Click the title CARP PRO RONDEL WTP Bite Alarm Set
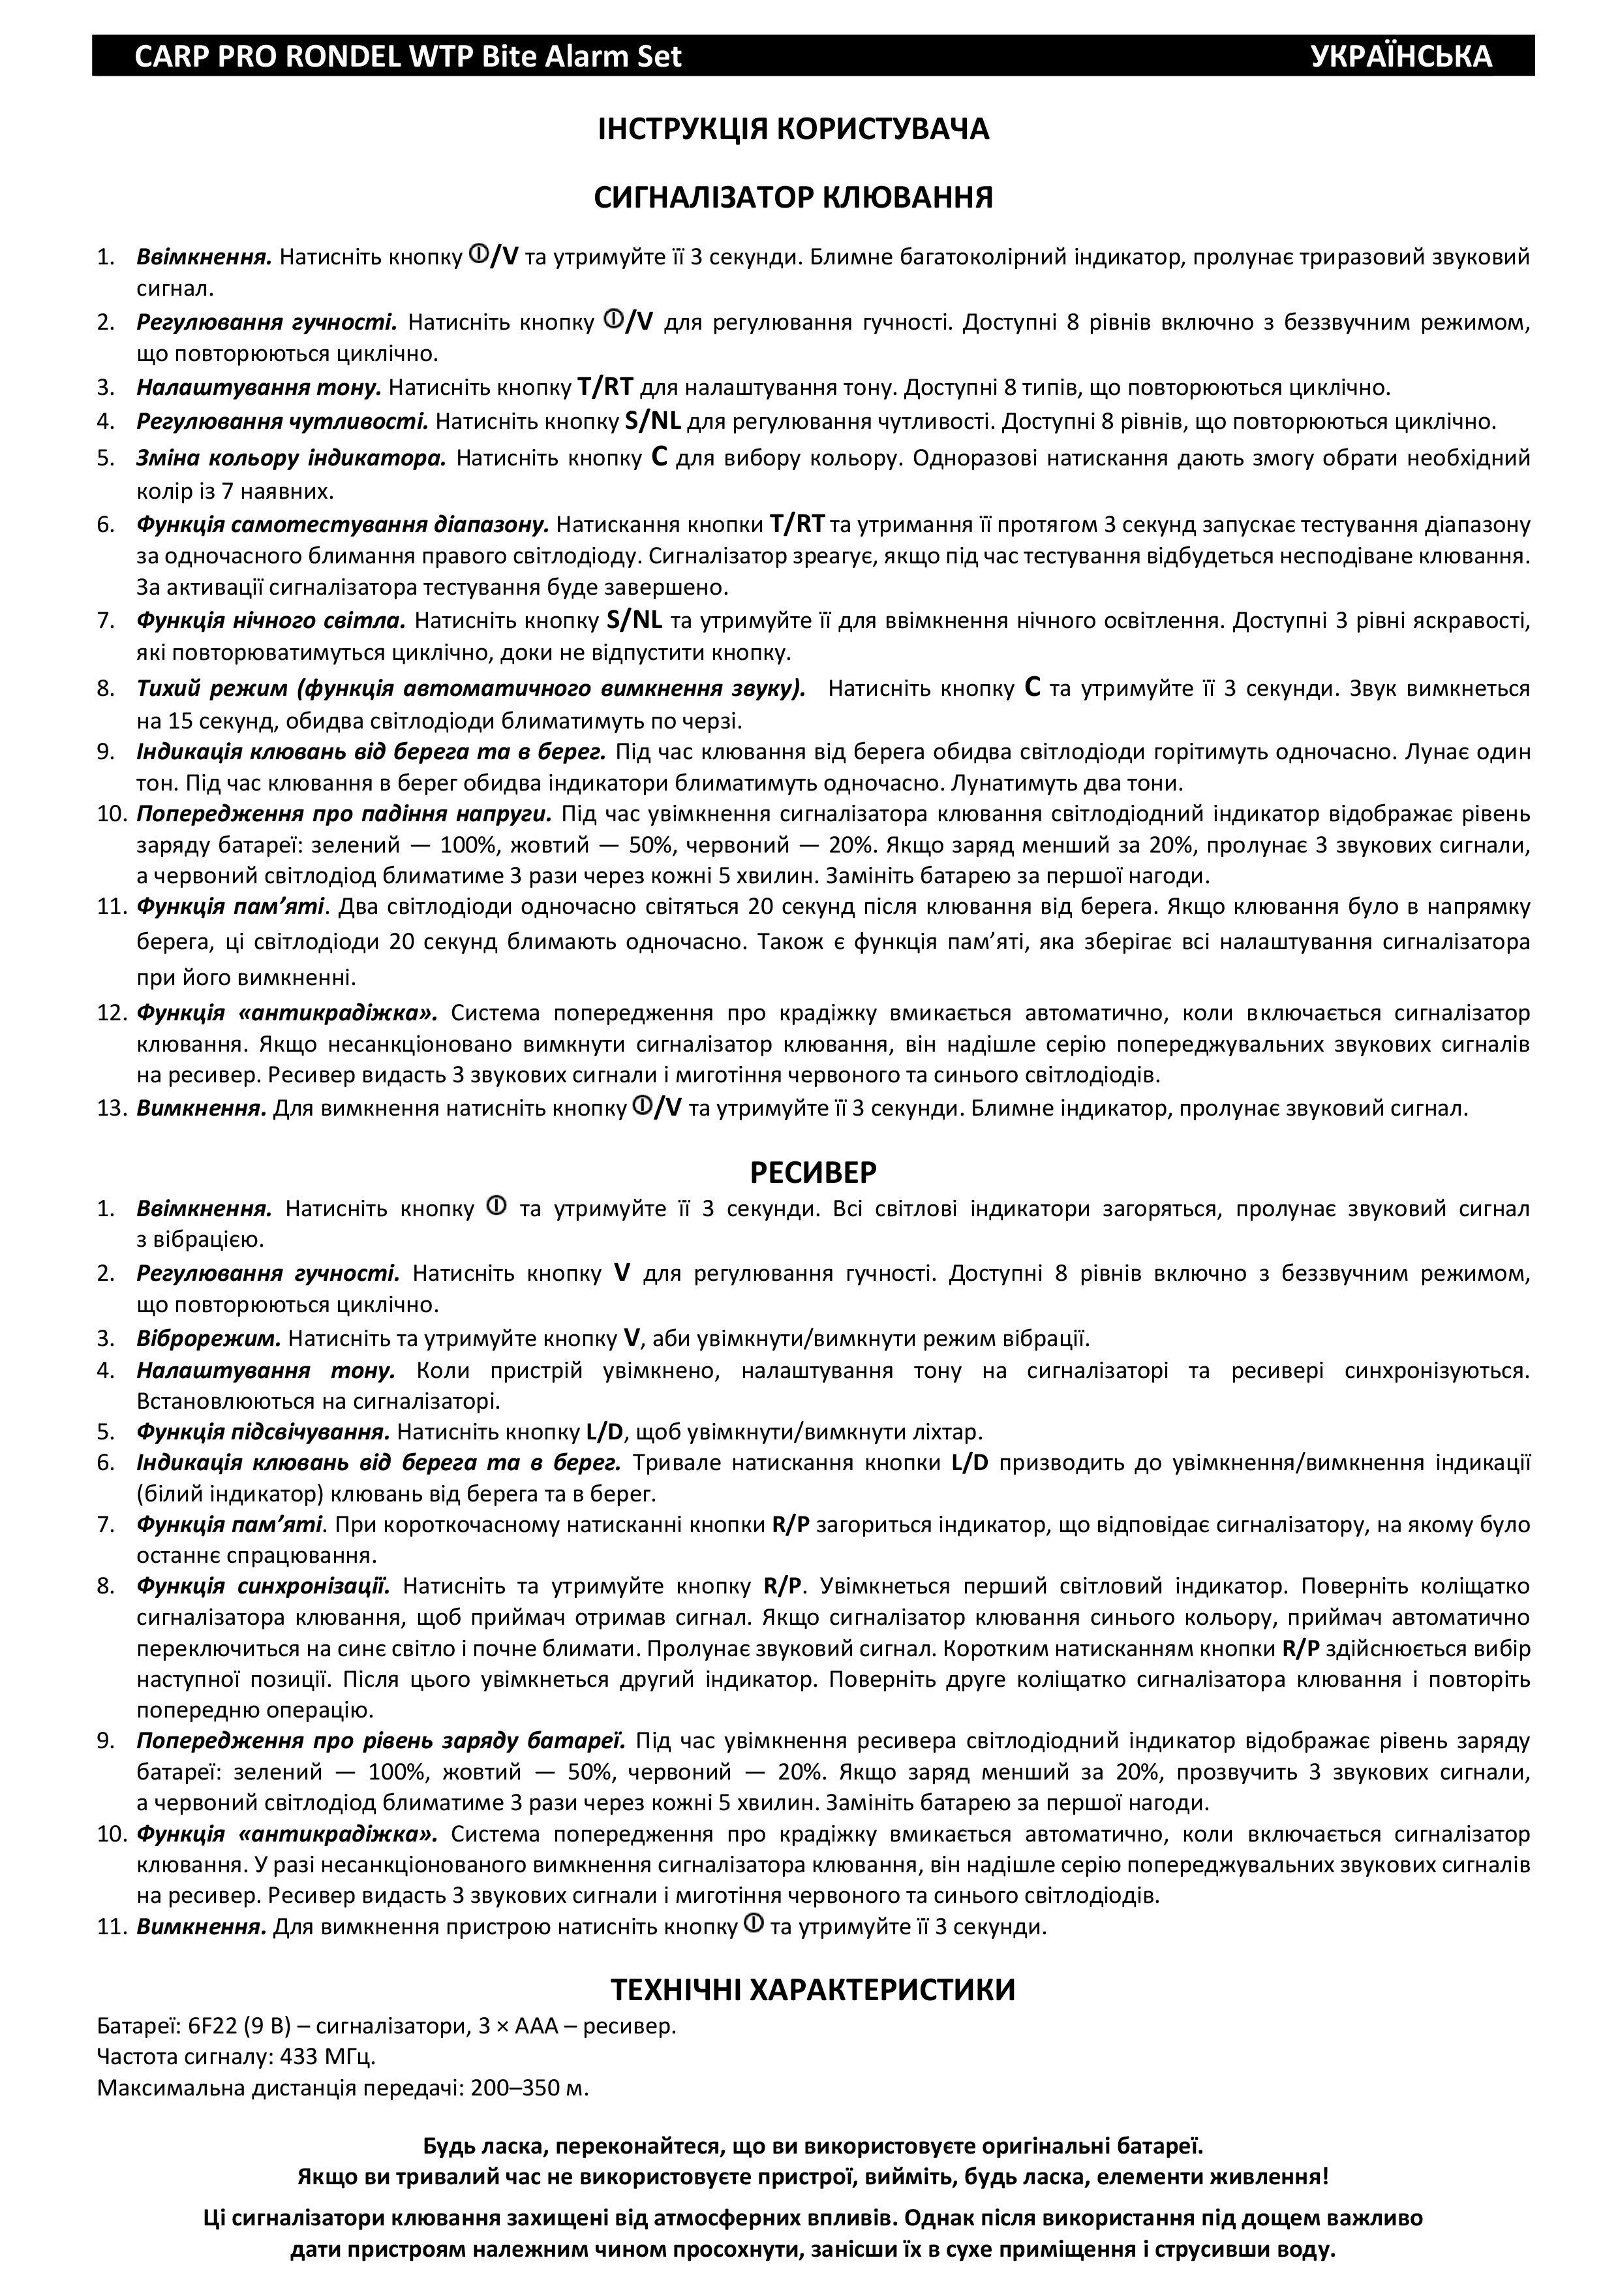[408, 56]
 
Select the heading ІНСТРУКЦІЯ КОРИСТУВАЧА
[793, 130]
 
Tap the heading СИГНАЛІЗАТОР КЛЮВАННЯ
[793, 198]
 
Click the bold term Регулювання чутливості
[282, 421]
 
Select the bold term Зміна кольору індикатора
[291, 459]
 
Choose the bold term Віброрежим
[208, 1338]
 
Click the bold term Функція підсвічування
[263, 1432]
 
